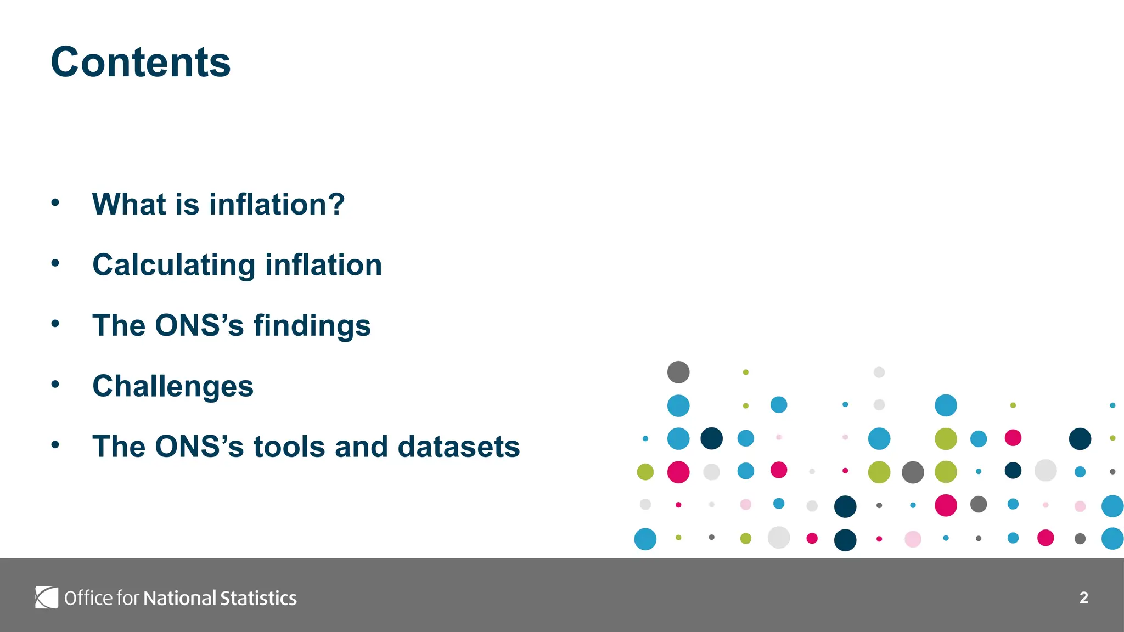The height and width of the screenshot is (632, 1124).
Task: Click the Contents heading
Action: coord(140,62)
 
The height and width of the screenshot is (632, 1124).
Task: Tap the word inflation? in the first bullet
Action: coord(277,204)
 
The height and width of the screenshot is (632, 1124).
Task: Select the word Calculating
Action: coord(173,265)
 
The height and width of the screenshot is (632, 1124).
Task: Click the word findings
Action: coord(312,325)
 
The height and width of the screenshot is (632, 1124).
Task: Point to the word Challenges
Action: coord(173,386)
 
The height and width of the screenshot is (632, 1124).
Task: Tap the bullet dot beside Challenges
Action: coord(55,385)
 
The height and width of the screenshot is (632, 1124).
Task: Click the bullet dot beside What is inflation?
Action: coord(55,203)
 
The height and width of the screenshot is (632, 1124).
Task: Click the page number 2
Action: coord(1083,597)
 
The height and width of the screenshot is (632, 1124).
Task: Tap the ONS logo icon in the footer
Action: coord(47,597)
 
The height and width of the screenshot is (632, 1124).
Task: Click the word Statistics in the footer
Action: coord(258,598)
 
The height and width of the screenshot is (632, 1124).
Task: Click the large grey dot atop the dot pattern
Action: coord(678,372)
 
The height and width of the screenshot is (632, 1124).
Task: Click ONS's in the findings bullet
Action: coord(199,325)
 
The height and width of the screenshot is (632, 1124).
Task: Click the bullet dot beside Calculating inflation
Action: coord(55,263)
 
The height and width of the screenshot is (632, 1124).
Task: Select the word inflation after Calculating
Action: coord(323,265)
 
